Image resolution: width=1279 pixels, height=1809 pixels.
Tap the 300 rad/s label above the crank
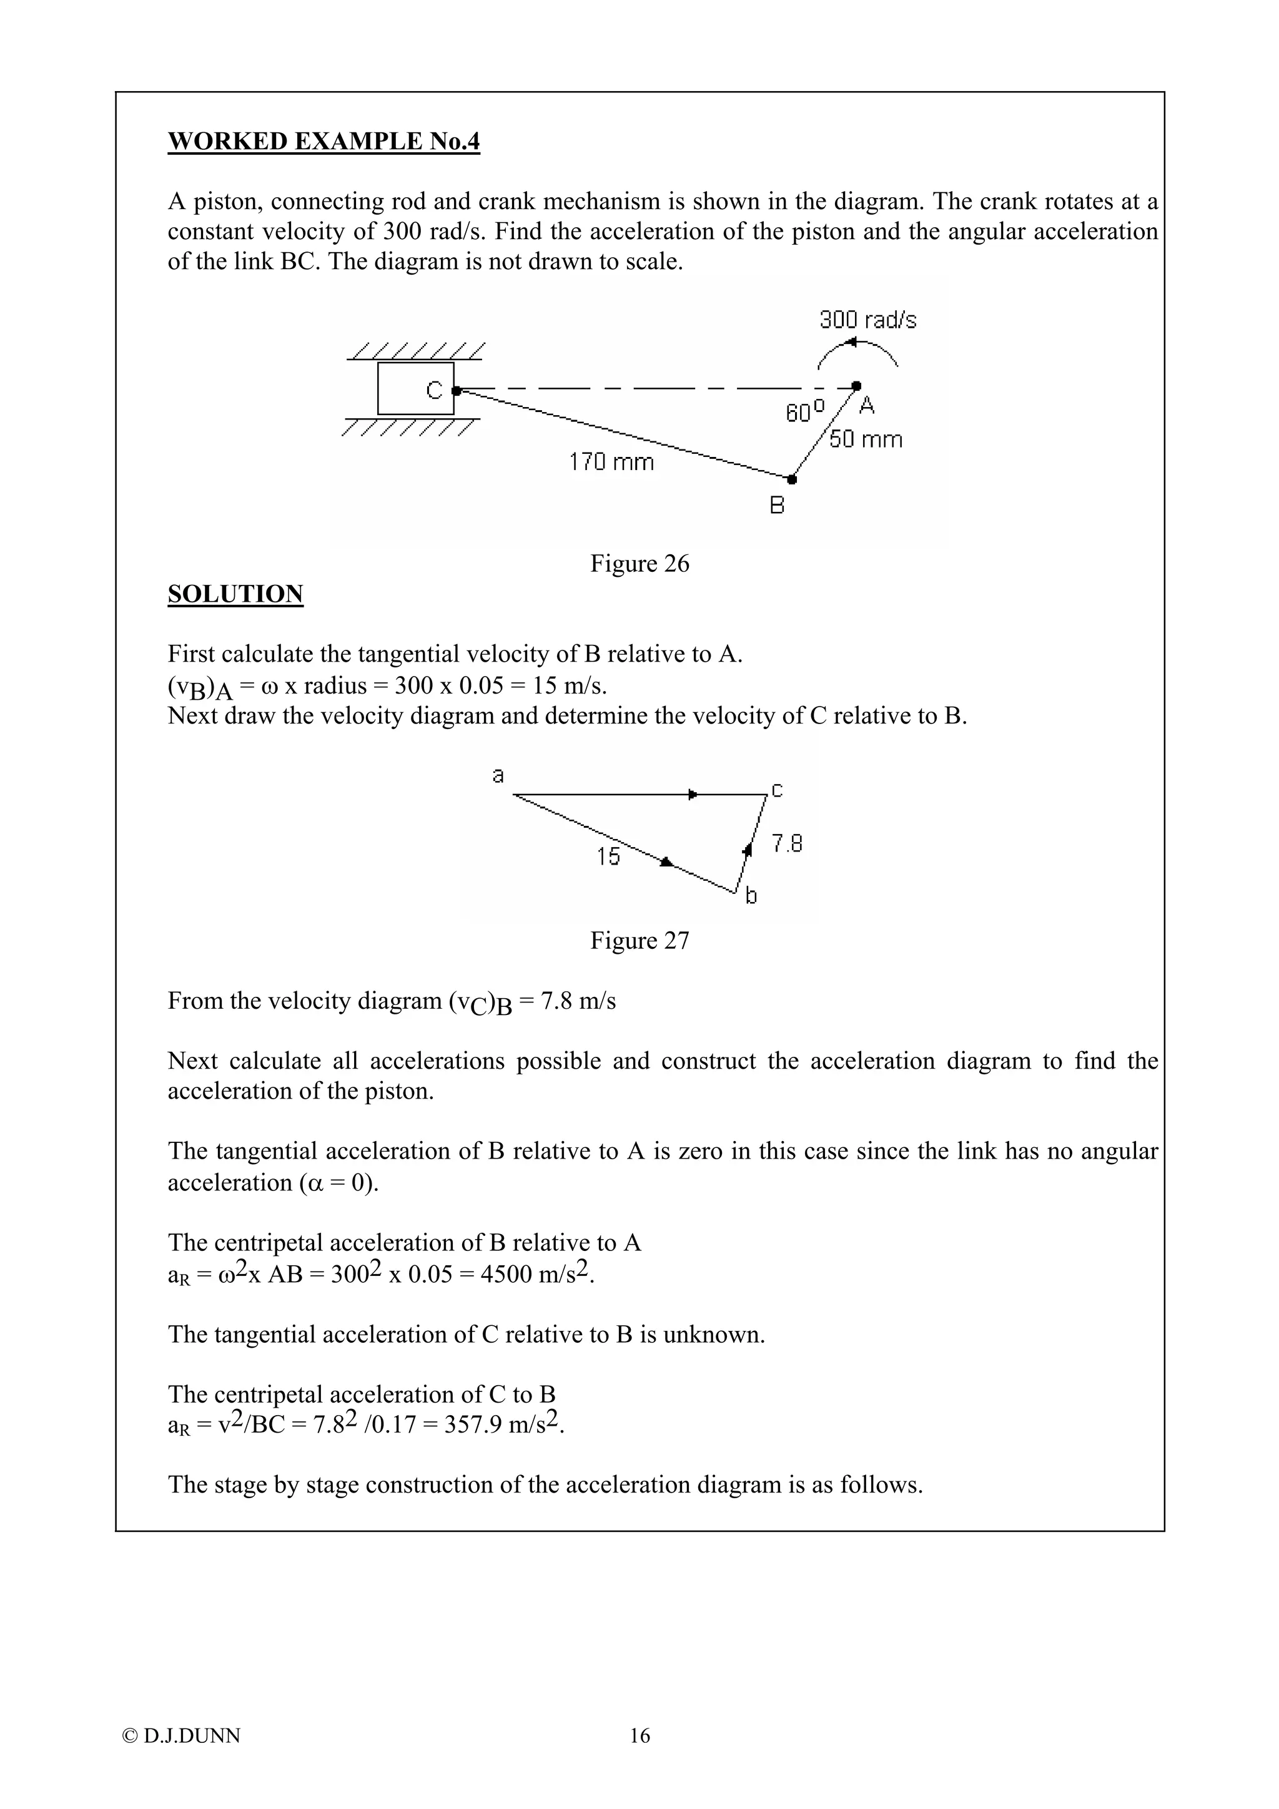(x=867, y=320)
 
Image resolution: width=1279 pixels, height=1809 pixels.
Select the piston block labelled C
(x=415, y=388)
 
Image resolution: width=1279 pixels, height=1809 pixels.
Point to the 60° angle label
(x=804, y=411)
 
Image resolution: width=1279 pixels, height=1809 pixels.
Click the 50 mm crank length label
(x=866, y=439)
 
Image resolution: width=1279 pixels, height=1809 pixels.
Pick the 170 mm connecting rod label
(x=611, y=462)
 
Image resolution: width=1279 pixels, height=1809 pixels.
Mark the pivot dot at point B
(x=792, y=479)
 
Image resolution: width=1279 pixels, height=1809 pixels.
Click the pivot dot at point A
(x=857, y=386)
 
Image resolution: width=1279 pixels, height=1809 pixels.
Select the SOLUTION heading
(x=235, y=594)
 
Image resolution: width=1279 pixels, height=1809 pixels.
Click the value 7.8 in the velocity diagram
(x=786, y=844)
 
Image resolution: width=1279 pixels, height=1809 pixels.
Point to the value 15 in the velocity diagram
(x=608, y=856)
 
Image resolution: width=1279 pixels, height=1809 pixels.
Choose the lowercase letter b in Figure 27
(x=751, y=896)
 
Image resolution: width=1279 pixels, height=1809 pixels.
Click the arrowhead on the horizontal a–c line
(x=693, y=794)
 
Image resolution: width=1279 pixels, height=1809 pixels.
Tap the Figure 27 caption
(x=639, y=941)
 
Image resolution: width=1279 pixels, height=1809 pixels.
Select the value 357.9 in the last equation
(x=472, y=1424)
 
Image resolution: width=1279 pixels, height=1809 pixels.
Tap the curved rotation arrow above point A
(x=857, y=350)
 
